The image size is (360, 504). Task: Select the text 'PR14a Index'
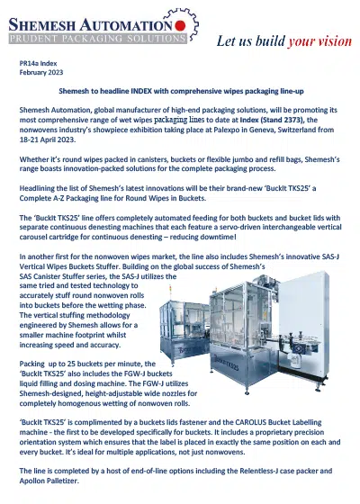[x=40, y=67]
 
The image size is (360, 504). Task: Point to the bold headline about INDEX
[x=180, y=92]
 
